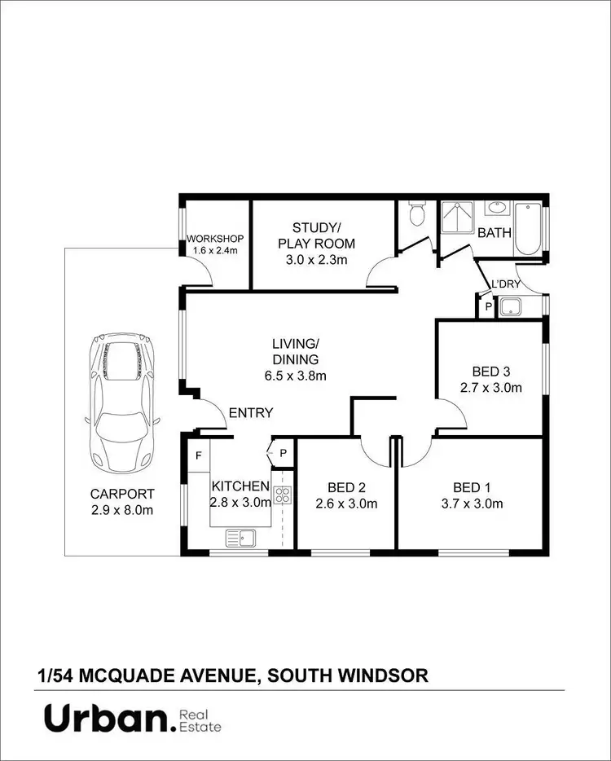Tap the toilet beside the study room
416,214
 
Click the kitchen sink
240,537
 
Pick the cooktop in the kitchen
283,495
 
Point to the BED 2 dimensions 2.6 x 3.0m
346,504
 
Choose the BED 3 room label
490,372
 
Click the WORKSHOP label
215,238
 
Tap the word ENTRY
251,413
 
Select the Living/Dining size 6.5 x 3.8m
296,376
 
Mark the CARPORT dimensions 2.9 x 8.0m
121,510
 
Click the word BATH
495,233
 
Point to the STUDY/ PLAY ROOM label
316,235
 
